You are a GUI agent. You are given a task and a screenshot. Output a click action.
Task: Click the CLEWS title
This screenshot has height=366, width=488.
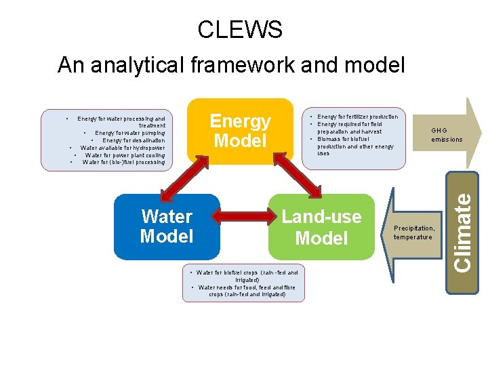240,30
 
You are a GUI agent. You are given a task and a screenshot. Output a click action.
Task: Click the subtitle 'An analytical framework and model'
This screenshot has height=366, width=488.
231,65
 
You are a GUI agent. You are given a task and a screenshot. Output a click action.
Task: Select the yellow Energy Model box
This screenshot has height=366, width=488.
240,131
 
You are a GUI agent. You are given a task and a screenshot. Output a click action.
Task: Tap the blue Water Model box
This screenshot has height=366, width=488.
167,226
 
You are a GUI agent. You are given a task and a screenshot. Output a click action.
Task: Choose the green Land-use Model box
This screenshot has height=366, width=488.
322,227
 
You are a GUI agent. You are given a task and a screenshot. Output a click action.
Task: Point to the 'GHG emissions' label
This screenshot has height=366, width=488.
447,136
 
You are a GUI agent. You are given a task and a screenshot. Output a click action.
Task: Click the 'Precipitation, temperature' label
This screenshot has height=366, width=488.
414,232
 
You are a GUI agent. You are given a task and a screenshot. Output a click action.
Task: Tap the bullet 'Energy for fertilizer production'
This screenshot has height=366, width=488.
358,117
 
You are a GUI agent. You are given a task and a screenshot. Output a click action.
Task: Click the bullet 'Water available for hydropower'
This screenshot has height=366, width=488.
123,147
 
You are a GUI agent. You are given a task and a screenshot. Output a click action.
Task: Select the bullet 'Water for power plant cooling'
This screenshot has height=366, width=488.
125,155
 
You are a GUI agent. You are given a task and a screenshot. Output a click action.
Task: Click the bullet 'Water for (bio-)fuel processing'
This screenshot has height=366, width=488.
123,162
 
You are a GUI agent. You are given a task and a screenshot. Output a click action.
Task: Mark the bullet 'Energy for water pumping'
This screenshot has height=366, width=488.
129,133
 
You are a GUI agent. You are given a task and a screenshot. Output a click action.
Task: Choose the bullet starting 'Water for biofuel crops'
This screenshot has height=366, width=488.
247,276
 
